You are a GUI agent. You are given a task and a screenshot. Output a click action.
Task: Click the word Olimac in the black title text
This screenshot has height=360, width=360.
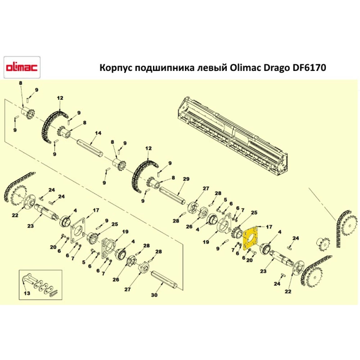(x=240, y=68)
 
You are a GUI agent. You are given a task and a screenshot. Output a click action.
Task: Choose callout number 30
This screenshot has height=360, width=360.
(x=154, y=296)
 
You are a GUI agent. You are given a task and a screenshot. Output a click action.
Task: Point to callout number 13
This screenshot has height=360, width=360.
(x=27, y=293)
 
